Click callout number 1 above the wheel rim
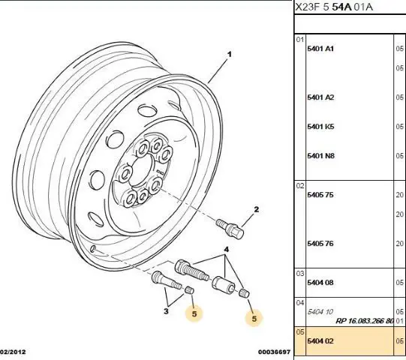(229, 54)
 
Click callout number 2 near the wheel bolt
(257, 209)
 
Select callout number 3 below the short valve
(166, 310)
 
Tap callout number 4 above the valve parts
(227, 250)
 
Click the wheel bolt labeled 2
(230, 228)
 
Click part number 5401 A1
(320, 49)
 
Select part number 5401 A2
(320, 97)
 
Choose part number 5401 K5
(320, 127)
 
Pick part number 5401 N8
(320, 156)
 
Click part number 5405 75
(320, 194)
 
